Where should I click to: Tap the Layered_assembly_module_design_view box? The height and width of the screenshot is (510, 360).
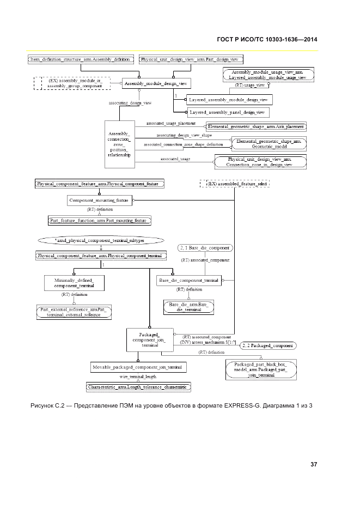click(x=228, y=100)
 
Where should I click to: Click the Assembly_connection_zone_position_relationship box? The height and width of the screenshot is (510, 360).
click(x=119, y=143)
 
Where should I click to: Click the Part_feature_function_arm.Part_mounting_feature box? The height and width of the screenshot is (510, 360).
click(x=100, y=220)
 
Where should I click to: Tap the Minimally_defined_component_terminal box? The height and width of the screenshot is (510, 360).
click(x=74, y=282)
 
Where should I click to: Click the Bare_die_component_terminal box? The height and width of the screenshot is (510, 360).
click(x=189, y=280)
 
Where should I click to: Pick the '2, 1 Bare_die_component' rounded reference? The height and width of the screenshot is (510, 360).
click(x=205, y=248)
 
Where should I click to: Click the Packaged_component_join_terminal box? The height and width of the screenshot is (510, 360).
click(x=149, y=339)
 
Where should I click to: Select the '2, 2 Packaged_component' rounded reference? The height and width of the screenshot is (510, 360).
click(x=268, y=345)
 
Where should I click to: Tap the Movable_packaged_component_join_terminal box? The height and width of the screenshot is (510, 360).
click(x=138, y=368)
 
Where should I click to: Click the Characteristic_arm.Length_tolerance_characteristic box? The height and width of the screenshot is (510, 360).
click(x=139, y=386)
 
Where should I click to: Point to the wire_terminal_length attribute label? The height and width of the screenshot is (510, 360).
click(x=138, y=377)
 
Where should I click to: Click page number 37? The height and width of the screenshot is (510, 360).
click(x=314, y=464)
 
